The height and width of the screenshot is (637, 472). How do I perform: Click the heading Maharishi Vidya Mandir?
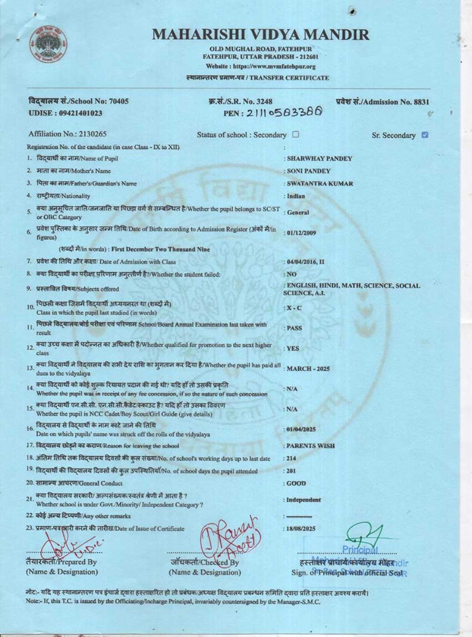click(261, 34)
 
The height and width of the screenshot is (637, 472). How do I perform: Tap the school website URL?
click(261, 67)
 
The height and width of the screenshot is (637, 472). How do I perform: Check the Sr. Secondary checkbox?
click(425, 135)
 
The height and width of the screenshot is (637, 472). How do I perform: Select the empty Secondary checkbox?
click(295, 134)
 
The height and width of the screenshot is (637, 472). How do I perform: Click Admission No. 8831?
click(383, 101)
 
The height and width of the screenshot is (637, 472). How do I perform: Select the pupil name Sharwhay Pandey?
click(320, 159)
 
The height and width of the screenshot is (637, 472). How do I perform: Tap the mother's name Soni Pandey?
click(309, 171)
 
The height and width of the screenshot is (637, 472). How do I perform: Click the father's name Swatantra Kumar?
click(320, 184)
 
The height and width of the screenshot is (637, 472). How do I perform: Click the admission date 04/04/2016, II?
click(305, 261)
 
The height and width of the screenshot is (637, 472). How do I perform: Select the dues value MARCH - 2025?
click(308, 369)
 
